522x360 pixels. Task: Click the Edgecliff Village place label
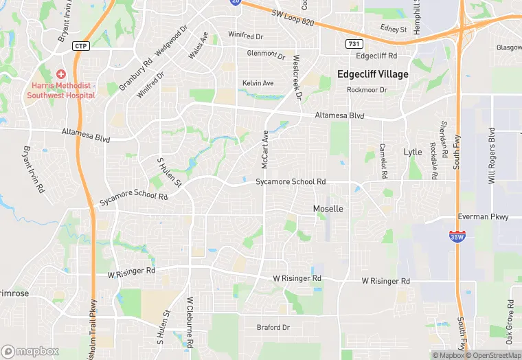[x=373, y=74]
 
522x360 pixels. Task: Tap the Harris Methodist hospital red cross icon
[x=61, y=74]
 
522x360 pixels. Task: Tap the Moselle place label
[x=328, y=208]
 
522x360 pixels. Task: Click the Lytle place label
[x=413, y=152]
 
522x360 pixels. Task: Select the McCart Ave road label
[x=264, y=149]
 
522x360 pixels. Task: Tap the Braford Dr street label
[x=273, y=327]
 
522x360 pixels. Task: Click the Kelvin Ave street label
[x=258, y=83]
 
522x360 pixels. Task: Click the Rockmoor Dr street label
[x=367, y=90]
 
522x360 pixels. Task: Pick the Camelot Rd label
[x=383, y=158]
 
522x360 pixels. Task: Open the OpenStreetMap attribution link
[x=494, y=355]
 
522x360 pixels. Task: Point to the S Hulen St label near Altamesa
[x=169, y=172]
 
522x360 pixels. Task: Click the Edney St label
[x=394, y=30]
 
